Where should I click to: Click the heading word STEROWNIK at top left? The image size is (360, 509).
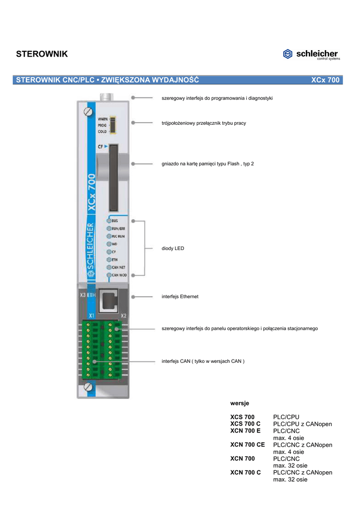[x=42, y=54]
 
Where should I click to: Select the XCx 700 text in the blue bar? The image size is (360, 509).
[x=325, y=80]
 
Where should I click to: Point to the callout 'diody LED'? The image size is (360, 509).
[x=173, y=248]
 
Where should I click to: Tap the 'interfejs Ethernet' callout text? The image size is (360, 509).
[x=180, y=296]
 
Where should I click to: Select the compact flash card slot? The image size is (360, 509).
[x=113, y=172]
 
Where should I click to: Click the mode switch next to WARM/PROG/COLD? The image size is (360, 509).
[x=112, y=125]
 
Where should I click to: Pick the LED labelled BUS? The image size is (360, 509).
[x=109, y=220]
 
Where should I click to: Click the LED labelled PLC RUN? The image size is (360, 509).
[x=109, y=237]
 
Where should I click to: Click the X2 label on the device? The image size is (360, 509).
[x=123, y=316]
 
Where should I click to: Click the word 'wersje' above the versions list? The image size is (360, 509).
[x=240, y=401]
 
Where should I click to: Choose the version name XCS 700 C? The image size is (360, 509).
[x=245, y=424]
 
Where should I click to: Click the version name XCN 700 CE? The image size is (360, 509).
[x=247, y=445]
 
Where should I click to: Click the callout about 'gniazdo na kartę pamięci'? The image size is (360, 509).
[x=208, y=164]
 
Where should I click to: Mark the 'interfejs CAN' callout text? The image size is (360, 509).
[x=203, y=361]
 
